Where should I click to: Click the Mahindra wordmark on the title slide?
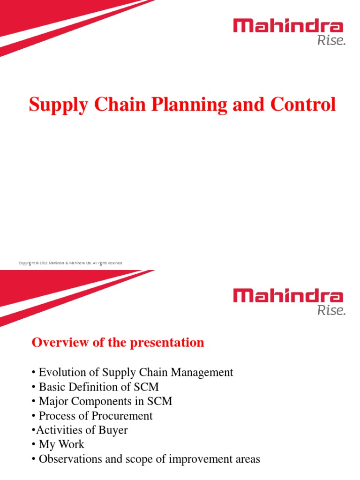click(288, 26)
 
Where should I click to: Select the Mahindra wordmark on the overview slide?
click(288, 296)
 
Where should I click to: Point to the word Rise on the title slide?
click(331, 41)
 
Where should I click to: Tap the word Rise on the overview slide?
click(331, 310)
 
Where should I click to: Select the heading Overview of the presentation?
click(118, 343)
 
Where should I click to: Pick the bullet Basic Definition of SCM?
click(96, 387)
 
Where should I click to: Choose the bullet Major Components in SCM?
click(102, 402)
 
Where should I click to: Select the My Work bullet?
click(58, 445)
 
